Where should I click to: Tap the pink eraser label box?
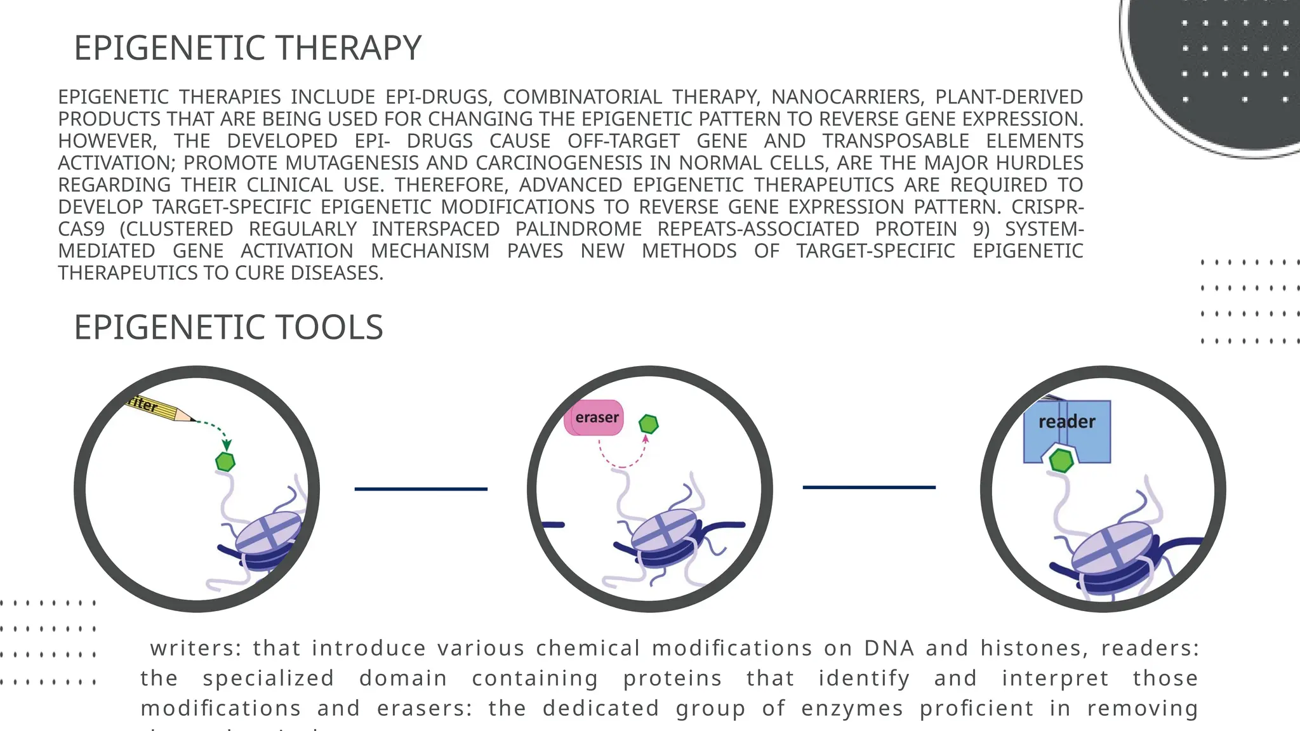click(x=594, y=418)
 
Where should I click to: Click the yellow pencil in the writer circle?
click(x=159, y=408)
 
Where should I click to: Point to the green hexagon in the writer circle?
click(x=225, y=461)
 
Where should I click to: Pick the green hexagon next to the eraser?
click(x=648, y=424)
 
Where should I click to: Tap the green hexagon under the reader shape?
click(x=1061, y=461)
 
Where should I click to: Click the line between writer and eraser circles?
click(x=421, y=489)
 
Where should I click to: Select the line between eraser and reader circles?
click(x=869, y=487)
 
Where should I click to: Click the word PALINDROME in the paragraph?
click(x=578, y=229)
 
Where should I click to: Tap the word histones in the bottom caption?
click(x=1034, y=649)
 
